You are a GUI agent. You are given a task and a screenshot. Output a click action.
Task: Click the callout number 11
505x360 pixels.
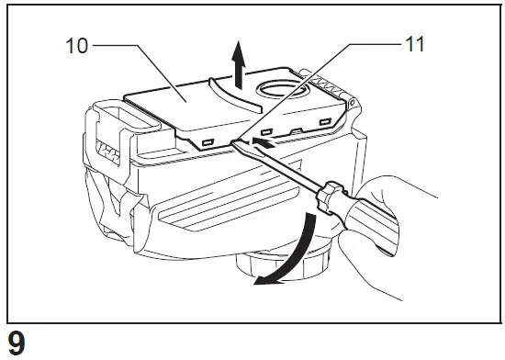[x=414, y=42]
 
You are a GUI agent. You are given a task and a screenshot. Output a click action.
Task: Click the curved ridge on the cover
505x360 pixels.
[x=226, y=93]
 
